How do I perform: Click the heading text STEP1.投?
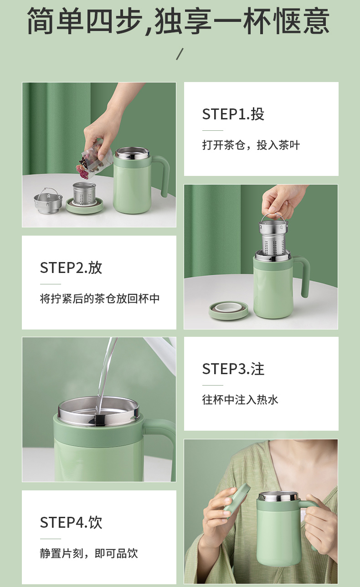point(233,114)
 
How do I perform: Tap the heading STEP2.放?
point(71,268)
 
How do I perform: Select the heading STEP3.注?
point(233,369)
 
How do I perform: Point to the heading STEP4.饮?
point(71,522)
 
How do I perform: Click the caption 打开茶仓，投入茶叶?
point(251,145)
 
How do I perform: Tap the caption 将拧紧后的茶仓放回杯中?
point(100,299)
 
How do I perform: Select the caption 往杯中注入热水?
point(240,400)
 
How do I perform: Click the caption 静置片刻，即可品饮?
point(89,553)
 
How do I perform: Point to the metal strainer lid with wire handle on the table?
point(48,200)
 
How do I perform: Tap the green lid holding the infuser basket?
point(84,206)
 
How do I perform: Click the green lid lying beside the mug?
point(228,310)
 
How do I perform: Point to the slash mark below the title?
point(180,54)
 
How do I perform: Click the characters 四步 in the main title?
point(114,21)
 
